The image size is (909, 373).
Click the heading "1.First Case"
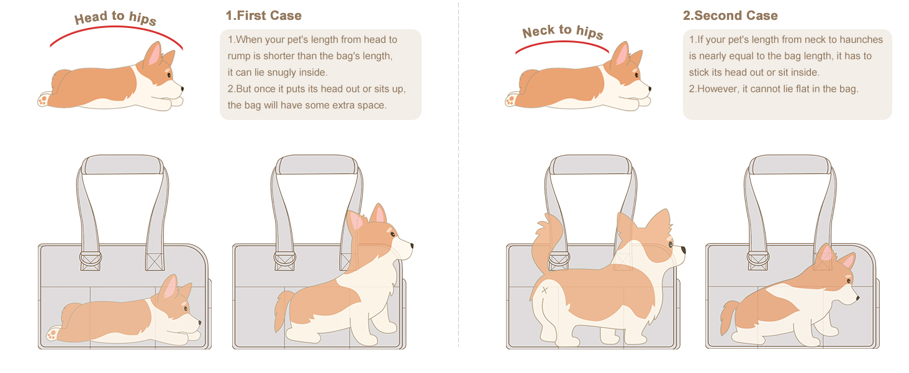263,16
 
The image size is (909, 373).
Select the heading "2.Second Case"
730,16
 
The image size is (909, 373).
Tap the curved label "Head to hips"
115,18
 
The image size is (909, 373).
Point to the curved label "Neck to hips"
563,32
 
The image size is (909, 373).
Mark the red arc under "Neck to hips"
563,44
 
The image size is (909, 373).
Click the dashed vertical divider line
459,186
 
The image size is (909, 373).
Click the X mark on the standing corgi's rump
545,290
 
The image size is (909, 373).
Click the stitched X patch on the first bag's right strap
155,260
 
